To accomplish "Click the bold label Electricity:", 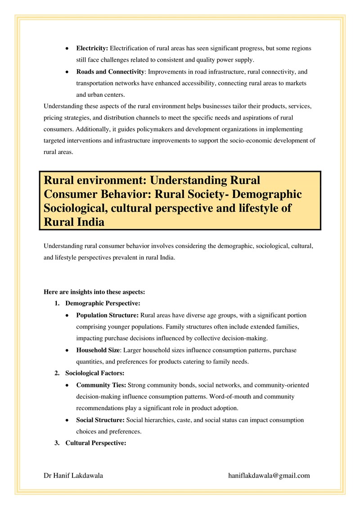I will (x=92, y=48).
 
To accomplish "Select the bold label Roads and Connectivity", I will (x=110, y=72).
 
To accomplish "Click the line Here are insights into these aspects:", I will (x=94, y=292).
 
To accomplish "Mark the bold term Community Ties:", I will (x=101, y=385).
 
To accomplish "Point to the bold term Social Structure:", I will (x=100, y=420).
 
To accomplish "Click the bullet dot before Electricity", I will (x=67, y=48).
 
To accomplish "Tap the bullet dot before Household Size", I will (x=67, y=350).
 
